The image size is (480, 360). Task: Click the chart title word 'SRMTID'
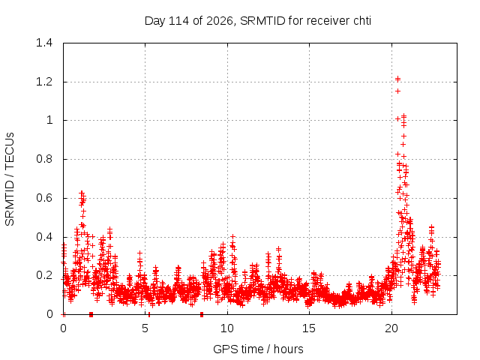pyautogui.click(x=262, y=21)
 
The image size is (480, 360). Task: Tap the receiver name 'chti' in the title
pyautogui.click(x=362, y=21)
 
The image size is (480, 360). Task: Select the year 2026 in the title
pyautogui.click(x=220, y=21)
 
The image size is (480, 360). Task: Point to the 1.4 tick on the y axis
pyautogui.click(x=44, y=43)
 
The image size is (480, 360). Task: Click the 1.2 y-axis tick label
pyautogui.click(x=44, y=82)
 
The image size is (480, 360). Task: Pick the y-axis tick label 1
pyautogui.click(x=49, y=120)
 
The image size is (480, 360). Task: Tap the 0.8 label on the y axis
pyautogui.click(x=44, y=159)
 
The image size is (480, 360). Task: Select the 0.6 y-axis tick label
pyautogui.click(x=44, y=198)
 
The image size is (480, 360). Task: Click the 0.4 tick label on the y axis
pyautogui.click(x=44, y=237)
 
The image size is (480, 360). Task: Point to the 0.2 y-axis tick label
pyautogui.click(x=44, y=275)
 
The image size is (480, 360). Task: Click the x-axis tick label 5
pyautogui.click(x=145, y=328)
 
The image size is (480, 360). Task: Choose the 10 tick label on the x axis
pyautogui.click(x=227, y=328)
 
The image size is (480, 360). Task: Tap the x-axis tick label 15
pyautogui.click(x=309, y=328)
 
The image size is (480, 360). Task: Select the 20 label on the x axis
pyautogui.click(x=391, y=328)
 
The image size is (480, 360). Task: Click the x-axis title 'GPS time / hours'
pyautogui.click(x=258, y=349)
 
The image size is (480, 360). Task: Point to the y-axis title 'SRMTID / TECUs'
pyautogui.click(x=10, y=179)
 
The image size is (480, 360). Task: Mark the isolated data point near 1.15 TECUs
pyautogui.click(x=397, y=91)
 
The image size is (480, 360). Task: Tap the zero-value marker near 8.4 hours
pyautogui.click(x=202, y=314)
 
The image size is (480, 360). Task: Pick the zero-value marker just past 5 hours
pyautogui.click(x=149, y=314)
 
